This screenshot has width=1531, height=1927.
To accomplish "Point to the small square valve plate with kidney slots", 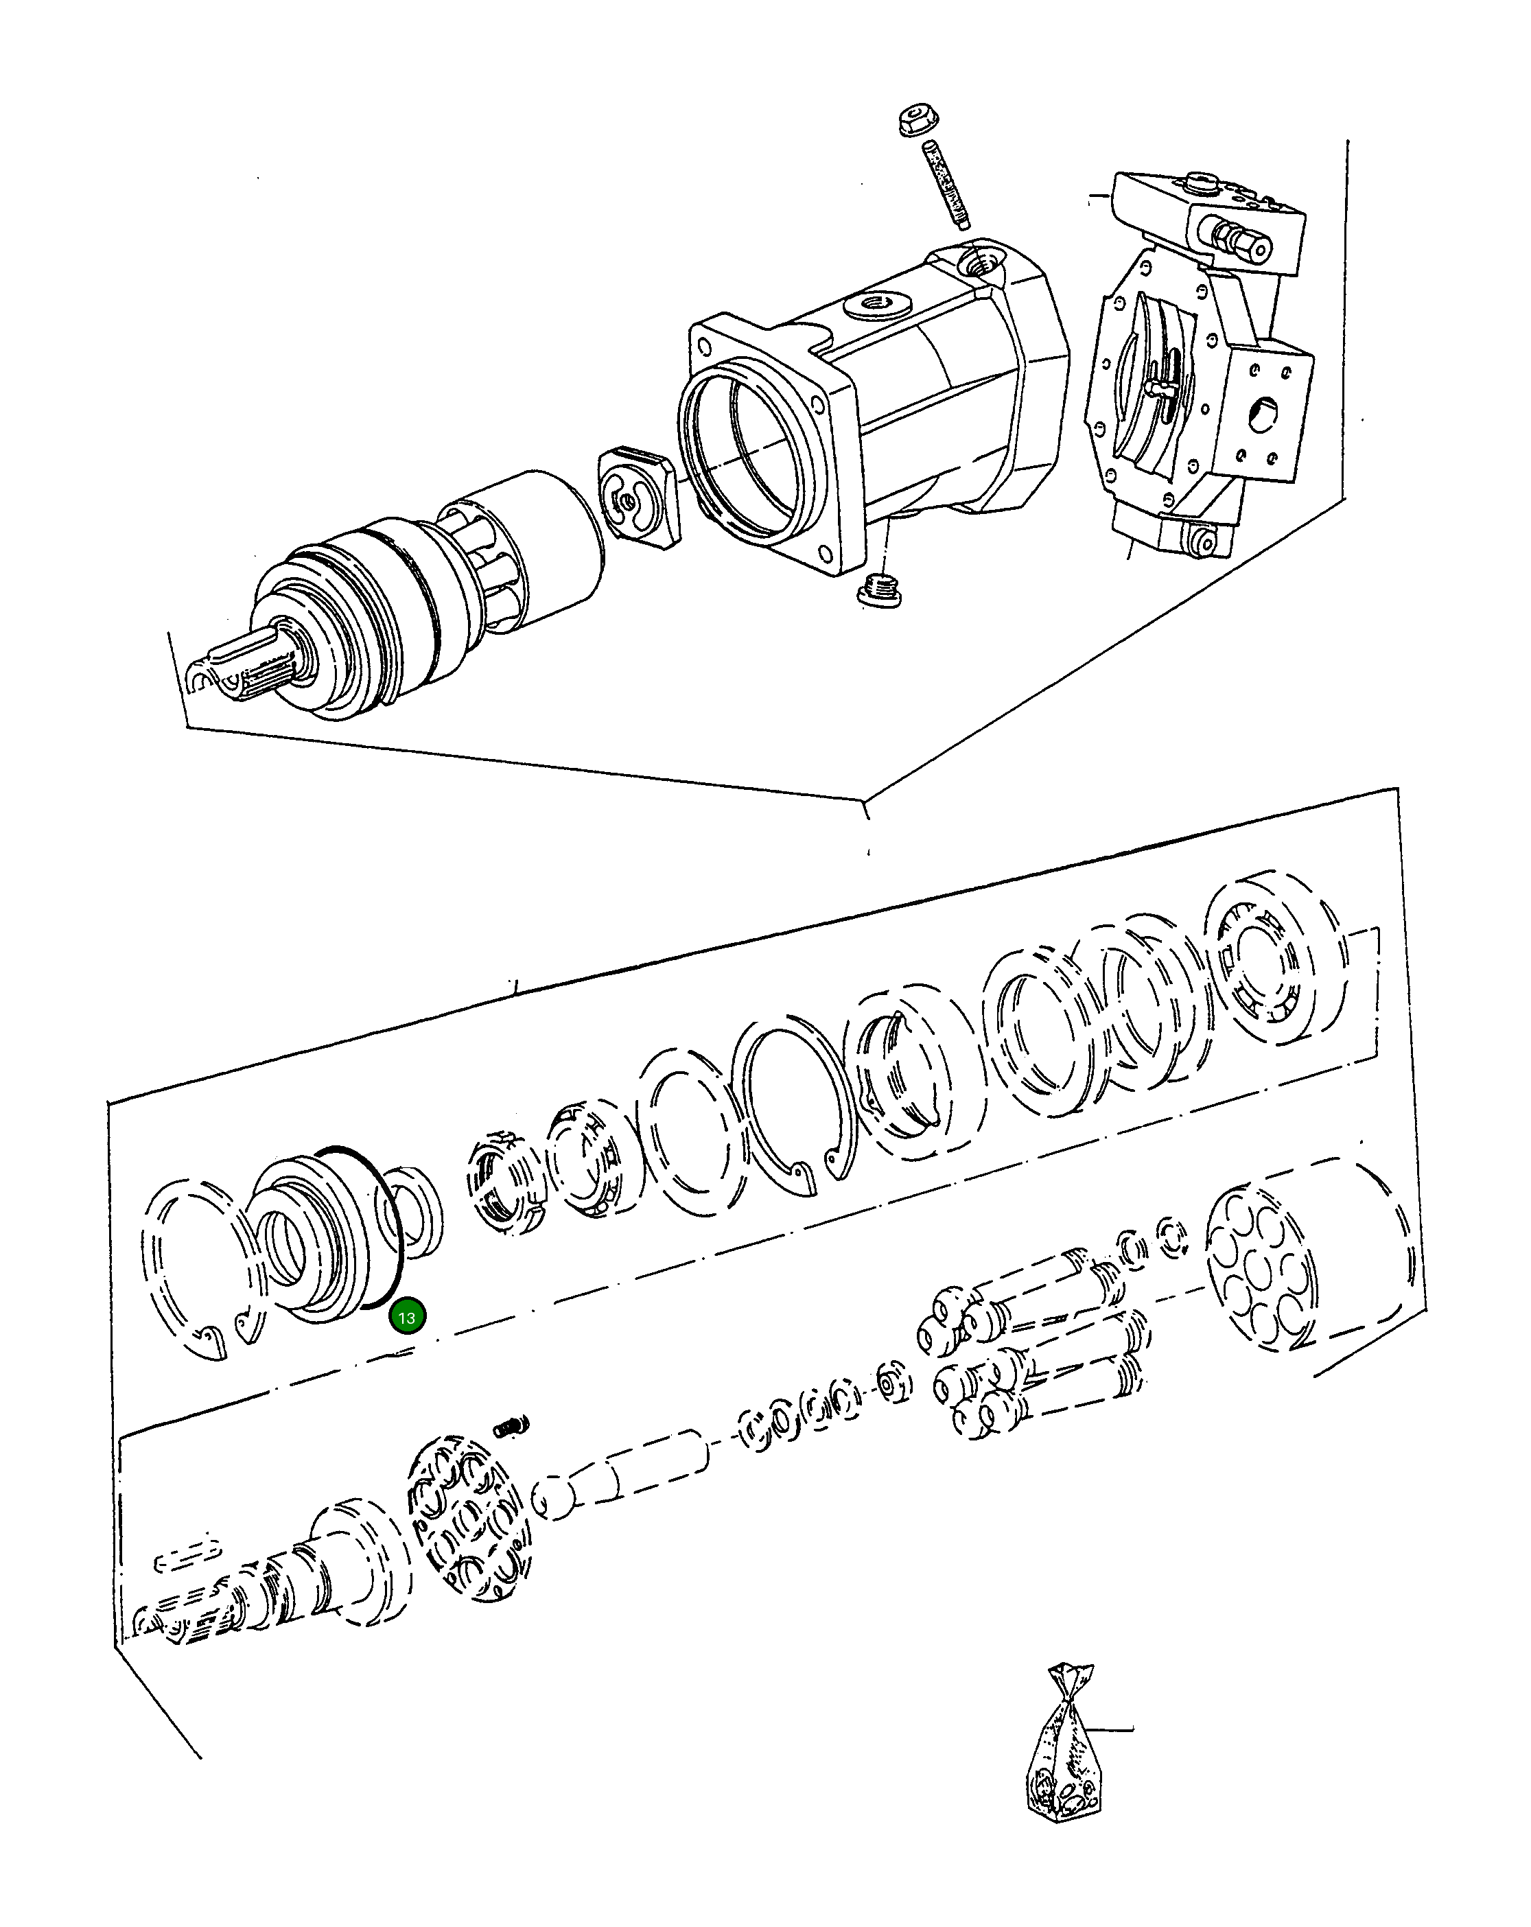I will pos(638,498).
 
